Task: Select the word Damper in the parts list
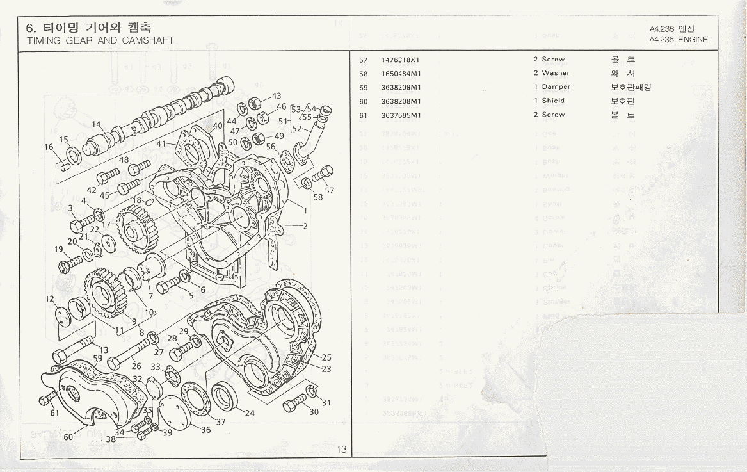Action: (x=556, y=87)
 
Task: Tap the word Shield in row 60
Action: (x=553, y=101)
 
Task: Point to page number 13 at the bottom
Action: (x=342, y=450)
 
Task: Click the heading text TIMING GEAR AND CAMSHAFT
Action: (x=100, y=40)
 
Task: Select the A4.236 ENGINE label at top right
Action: (x=678, y=40)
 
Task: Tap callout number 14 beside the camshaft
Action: (x=97, y=124)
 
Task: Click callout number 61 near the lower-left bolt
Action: (x=54, y=413)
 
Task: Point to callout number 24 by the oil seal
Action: (x=250, y=413)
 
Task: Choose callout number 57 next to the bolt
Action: (x=330, y=190)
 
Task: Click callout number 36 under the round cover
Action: (x=205, y=430)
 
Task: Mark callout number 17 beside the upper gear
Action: (x=106, y=225)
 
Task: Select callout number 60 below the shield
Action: (x=68, y=437)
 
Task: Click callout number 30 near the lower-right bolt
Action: (x=314, y=412)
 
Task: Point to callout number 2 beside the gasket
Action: (x=305, y=225)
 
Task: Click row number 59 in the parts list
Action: (x=364, y=88)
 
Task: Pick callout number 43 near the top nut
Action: (x=277, y=95)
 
